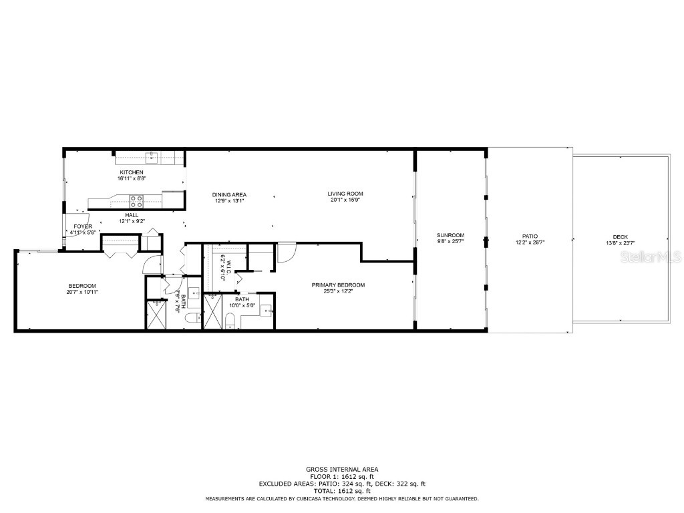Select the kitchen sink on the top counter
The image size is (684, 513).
coord(152,157)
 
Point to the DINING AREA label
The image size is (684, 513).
coord(230,194)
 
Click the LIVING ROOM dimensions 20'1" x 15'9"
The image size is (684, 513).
coord(345,200)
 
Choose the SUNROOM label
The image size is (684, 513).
coord(450,235)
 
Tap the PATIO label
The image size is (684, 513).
coord(530,236)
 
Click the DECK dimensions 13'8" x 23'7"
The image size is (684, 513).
coord(621,243)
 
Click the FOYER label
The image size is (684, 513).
coord(83,226)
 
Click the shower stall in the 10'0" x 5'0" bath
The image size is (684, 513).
coord(214,312)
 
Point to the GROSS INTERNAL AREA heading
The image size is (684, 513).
coord(342,469)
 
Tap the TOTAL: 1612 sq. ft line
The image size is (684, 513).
coord(342,491)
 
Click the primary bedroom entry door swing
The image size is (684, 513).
coord(287,252)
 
